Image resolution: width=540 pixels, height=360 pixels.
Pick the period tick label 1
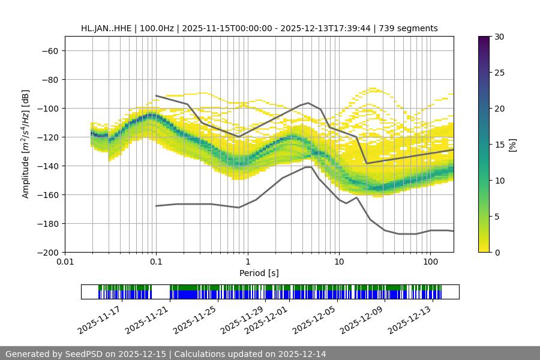click(247, 262)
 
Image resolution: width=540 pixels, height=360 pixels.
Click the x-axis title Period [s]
click(259, 273)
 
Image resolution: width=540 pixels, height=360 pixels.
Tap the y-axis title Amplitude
click(26, 144)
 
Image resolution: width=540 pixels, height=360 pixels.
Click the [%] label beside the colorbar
click(512, 145)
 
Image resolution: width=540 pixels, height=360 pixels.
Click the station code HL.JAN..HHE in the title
click(107, 28)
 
